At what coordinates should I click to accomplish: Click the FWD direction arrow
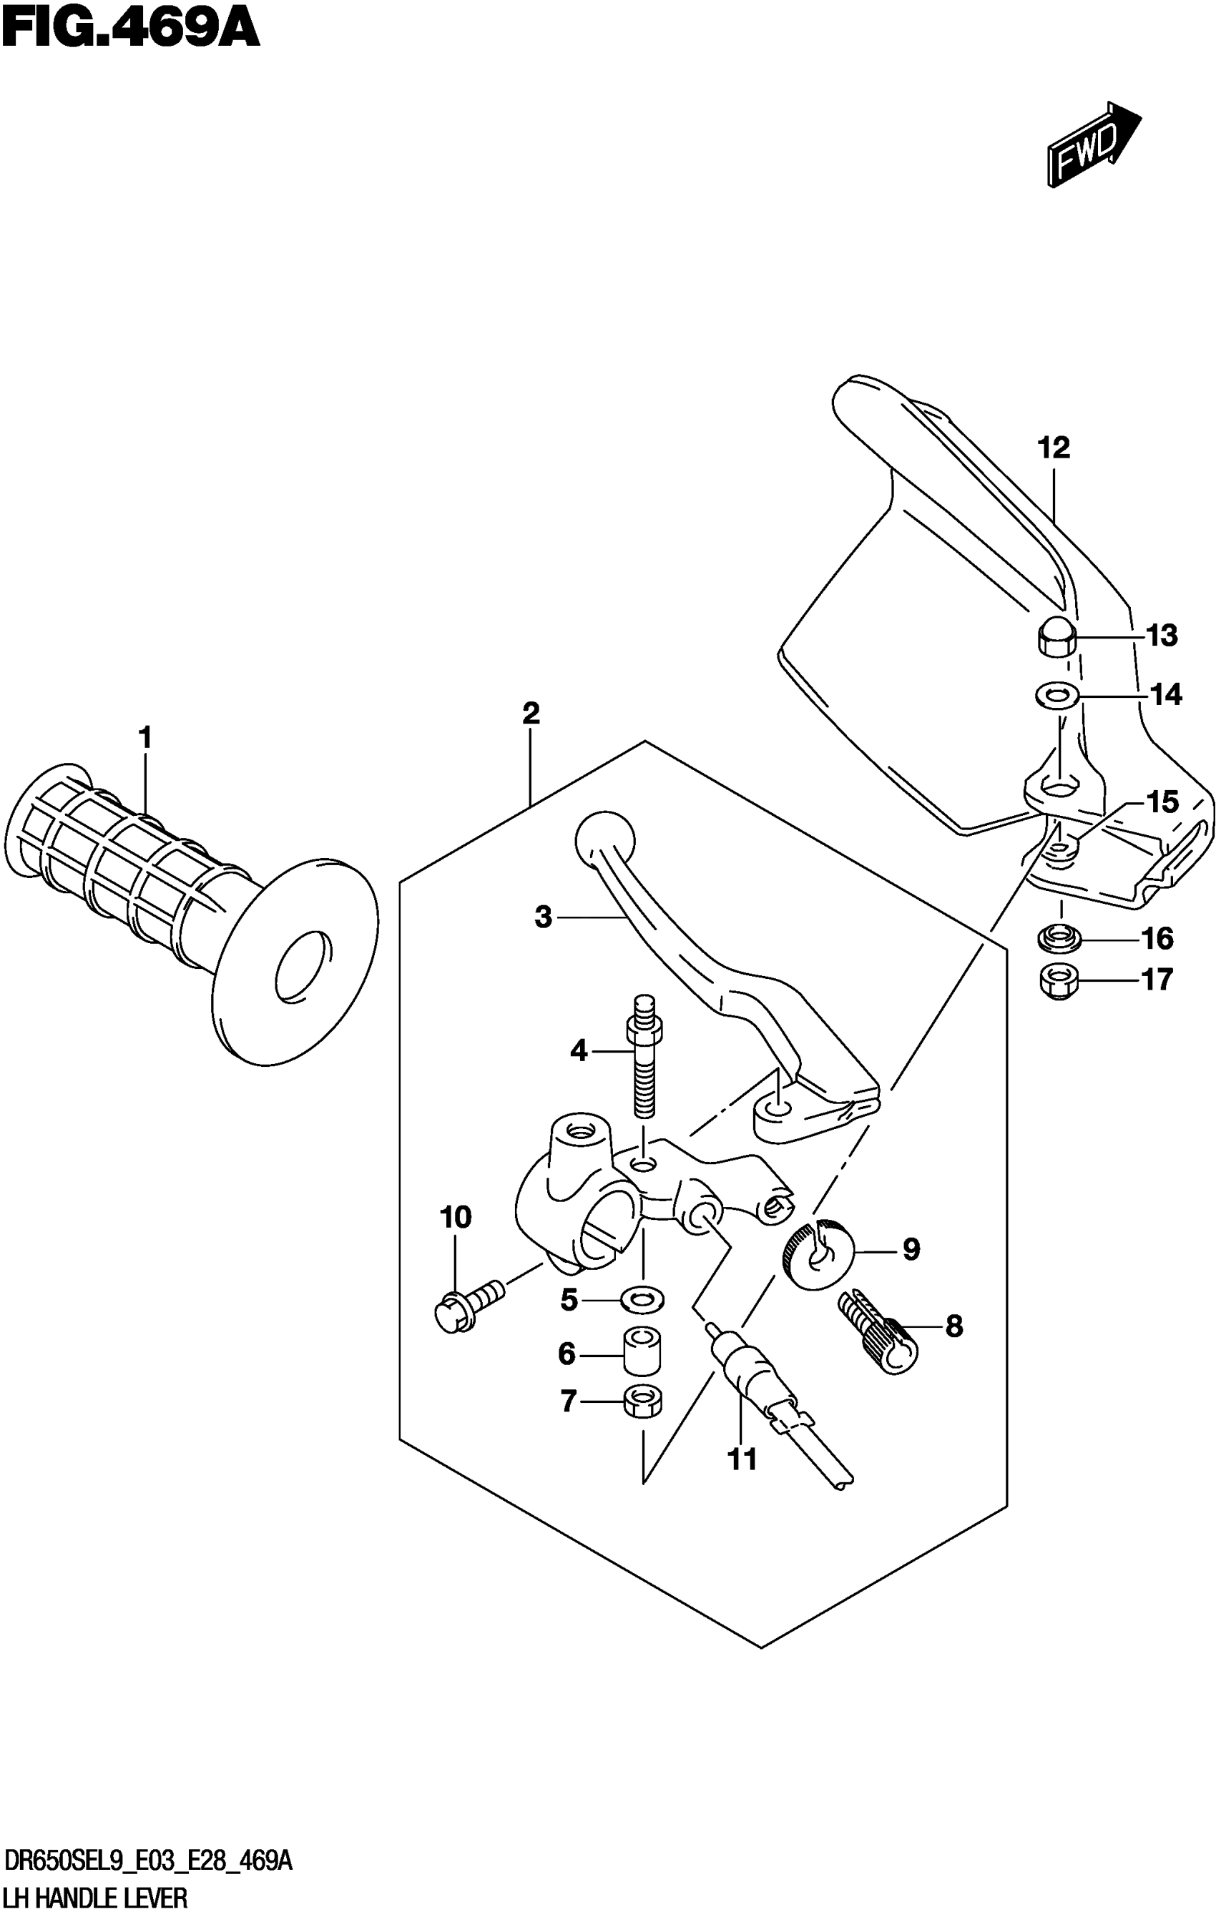(1093, 144)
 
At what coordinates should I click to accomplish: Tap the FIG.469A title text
(130, 30)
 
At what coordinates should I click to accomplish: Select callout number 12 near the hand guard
(1053, 448)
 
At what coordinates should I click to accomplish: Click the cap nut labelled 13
(1056, 637)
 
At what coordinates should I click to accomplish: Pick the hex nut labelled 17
(1059, 981)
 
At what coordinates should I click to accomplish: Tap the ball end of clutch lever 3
(604, 842)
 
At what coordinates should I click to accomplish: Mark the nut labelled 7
(642, 1401)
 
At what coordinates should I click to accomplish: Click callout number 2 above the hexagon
(531, 713)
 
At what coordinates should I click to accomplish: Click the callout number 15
(1162, 802)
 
